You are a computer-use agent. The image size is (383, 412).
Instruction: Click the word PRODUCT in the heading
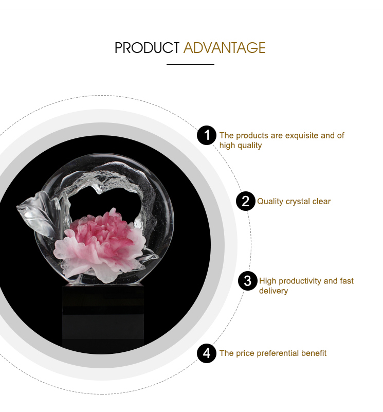coord(147,48)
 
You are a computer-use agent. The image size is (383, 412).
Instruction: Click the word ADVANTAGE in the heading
coord(225,48)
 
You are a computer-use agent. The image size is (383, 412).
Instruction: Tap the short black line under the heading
coord(190,64)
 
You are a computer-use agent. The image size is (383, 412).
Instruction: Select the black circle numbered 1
coord(207,135)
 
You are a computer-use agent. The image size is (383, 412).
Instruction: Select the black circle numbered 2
coord(246,201)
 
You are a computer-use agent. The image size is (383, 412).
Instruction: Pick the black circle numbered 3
coord(248,281)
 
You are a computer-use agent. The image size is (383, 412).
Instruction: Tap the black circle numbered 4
coord(207,353)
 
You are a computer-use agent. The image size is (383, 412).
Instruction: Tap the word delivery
coord(273,291)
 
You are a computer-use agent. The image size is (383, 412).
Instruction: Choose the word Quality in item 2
coord(270,202)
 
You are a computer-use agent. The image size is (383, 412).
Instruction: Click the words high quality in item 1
coord(241,146)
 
